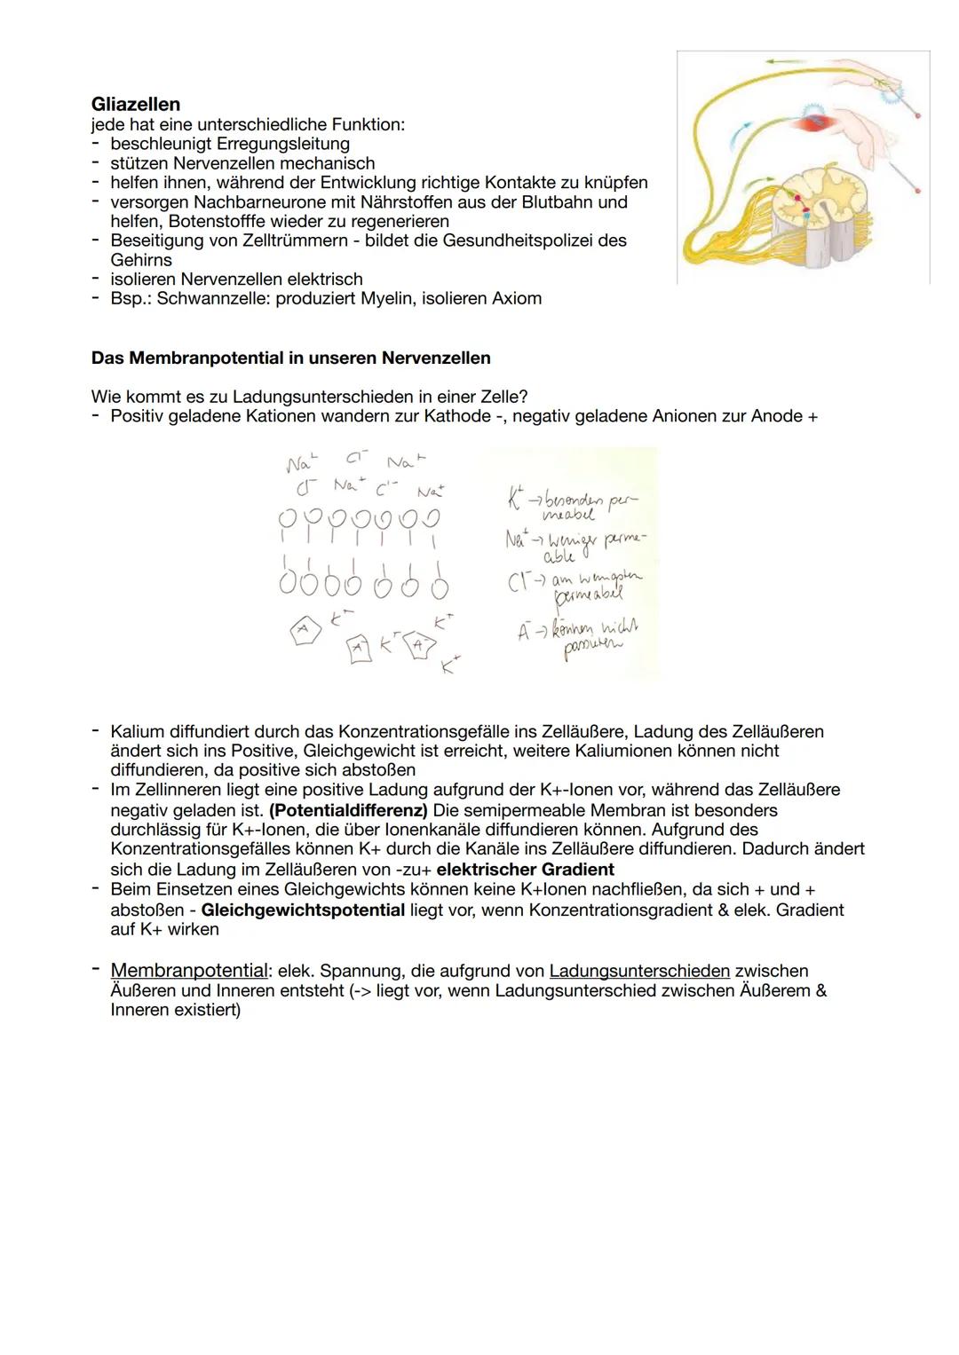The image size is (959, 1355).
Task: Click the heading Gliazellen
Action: pyautogui.click(x=136, y=104)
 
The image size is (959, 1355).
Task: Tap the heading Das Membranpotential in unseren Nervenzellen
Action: pyautogui.click(x=290, y=358)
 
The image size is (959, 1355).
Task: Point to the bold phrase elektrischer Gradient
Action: pyautogui.click(x=525, y=869)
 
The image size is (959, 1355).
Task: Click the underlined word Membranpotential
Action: pyautogui.click(x=189, y=971)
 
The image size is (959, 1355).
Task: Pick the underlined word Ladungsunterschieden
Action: pyautogui.click(x=639, y=971)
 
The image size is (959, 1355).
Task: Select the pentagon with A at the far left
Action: pyautogui.click(x=303, y=629)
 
